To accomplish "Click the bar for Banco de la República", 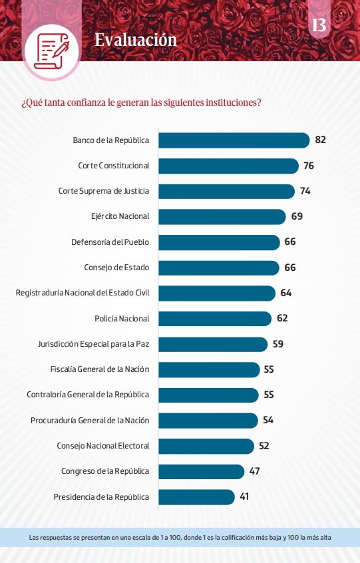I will click(x=234, y=140).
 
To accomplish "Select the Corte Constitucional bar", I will click(x=228, y=166).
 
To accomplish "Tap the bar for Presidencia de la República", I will click(x=196, y=496).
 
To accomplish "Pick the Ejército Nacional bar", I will click(x=222, y=216).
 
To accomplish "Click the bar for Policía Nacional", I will click(x=215, y=318).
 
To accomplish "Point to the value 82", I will click(x=321, y=140).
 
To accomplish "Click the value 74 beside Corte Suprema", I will click(x=305, y=191).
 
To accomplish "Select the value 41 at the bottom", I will click(x=245, y=496).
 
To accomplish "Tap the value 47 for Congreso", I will click(x=254, y=471).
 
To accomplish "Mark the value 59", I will click(x=278, y=344).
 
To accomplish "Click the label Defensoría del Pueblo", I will click(x=110, y=242).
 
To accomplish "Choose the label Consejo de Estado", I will click(x=116, y=268).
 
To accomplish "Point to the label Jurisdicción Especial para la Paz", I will click(x=93, y=344).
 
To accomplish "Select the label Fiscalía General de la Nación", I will click(x=100, y=369).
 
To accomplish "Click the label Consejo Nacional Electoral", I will click(x=102, y=446).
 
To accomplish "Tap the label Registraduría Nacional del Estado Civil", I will click(x=83, y=293).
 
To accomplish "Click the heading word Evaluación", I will click(x=136, y=39).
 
